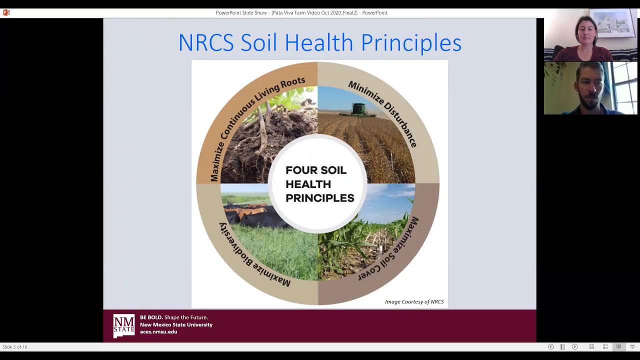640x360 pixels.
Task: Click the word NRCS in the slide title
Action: click(205, 43)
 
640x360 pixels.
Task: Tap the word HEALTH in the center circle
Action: click(308, 184)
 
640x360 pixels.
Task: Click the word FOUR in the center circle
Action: click(298, 170)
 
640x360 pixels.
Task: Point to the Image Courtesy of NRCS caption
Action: click(414, 301)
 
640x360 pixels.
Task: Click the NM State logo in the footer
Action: click(123, 325)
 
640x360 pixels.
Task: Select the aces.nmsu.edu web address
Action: click(158, 331)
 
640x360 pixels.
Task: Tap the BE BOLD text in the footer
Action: click(151, 317)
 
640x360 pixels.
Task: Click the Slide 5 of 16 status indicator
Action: click(15, 346)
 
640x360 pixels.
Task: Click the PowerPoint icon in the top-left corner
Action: click(6, 12)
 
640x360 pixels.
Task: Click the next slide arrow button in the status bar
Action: click(574, 346)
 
